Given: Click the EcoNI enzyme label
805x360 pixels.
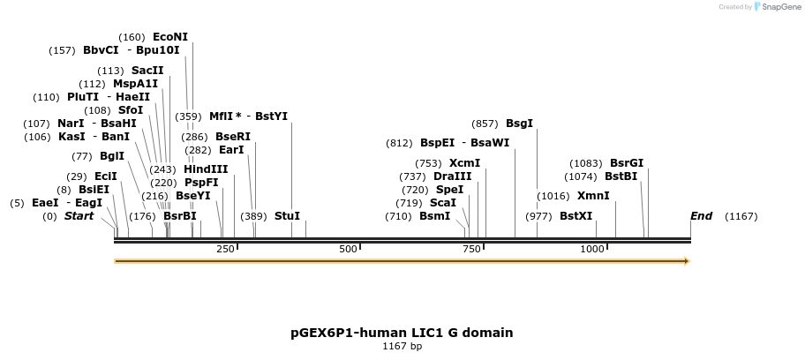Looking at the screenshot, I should (170, 37).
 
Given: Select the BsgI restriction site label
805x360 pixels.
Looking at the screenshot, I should (519, 124).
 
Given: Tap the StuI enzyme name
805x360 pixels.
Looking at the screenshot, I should (287, 216).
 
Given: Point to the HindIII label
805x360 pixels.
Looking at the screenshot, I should (206, 169).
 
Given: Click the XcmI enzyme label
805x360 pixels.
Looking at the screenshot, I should (464, 163).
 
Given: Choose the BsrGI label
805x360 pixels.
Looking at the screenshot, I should (627, 163).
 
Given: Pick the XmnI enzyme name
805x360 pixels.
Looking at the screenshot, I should (592, 196).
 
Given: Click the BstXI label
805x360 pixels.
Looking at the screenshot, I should (576, 216).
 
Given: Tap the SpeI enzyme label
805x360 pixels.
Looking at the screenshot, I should (449, 190).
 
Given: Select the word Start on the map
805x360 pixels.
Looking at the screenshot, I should (79, 216).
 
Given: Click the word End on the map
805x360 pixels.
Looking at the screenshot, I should (701, 216).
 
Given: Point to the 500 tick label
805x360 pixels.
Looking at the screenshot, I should (347, 249).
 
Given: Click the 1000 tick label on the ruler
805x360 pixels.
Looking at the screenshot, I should (591, 249).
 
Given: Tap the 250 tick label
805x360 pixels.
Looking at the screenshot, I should (225, 249).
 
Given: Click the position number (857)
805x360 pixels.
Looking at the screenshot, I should (485, 124).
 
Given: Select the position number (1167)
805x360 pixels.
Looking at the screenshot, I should (741, 217).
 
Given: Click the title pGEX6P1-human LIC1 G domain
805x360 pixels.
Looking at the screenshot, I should (402, 333).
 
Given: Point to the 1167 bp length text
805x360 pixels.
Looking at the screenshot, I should (402, 347).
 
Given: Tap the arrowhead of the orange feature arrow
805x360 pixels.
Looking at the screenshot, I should (686, 261).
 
